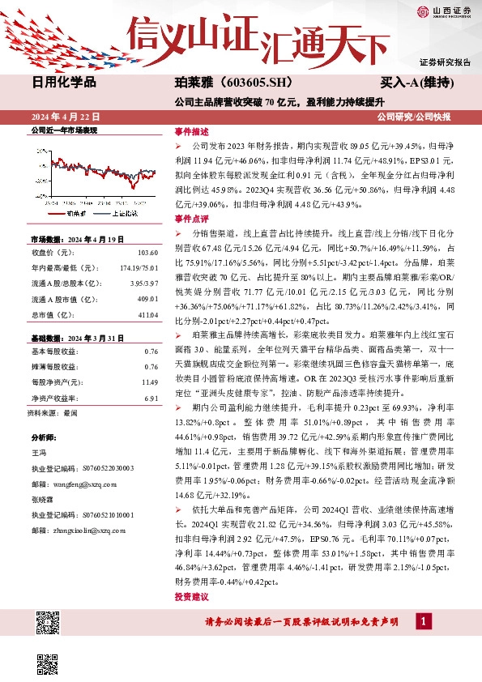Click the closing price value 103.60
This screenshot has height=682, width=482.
click(147, 254)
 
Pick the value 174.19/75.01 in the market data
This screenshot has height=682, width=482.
click(138, 266)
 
